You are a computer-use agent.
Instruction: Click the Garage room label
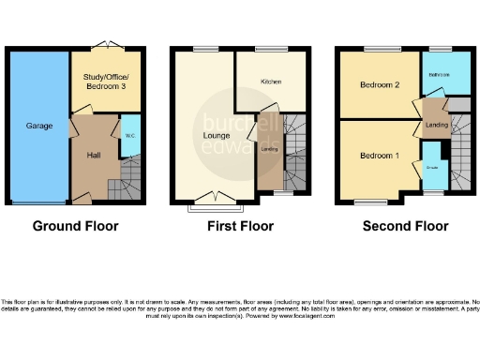coord(38,125)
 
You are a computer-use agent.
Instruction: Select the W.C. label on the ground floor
coord(128,132)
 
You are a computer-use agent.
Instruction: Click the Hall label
coord(93,156)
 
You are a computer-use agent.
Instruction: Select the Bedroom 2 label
coord(380,85)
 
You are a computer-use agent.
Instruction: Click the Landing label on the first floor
coord(268,148)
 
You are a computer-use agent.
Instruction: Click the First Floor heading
coord(241,226)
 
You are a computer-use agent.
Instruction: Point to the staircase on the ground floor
coord(125,186)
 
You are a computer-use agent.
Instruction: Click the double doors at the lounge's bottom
coord(215,198)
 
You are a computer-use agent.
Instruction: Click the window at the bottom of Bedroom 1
coord(367,201)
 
